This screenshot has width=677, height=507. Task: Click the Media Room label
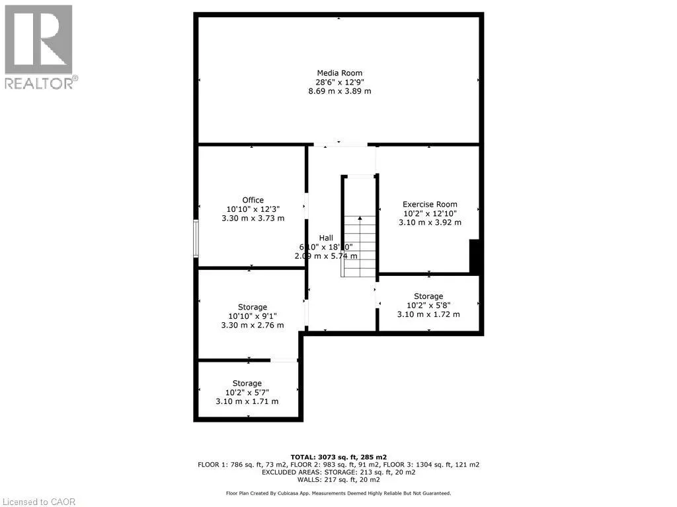tap(339, 73)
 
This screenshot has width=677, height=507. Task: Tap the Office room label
tap(253, 200)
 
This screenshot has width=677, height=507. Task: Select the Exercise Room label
tap(430, 204)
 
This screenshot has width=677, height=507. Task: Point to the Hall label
tap(326, 238)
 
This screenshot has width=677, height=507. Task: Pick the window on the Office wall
tap(196, 238)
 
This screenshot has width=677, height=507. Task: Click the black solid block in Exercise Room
tap(474, 256)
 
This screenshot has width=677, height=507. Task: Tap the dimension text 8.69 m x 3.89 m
tap(339, 91)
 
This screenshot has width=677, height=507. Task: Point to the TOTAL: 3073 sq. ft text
tap(338, 457)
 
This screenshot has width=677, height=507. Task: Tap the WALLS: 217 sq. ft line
tap(338, 480)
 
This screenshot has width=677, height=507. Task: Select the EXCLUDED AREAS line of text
tap(338, 472)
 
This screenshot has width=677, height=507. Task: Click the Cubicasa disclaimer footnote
tap(338, 493)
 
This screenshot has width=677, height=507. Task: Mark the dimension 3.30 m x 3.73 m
tap(253, 219)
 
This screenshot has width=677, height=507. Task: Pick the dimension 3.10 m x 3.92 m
tap(430, 222)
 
